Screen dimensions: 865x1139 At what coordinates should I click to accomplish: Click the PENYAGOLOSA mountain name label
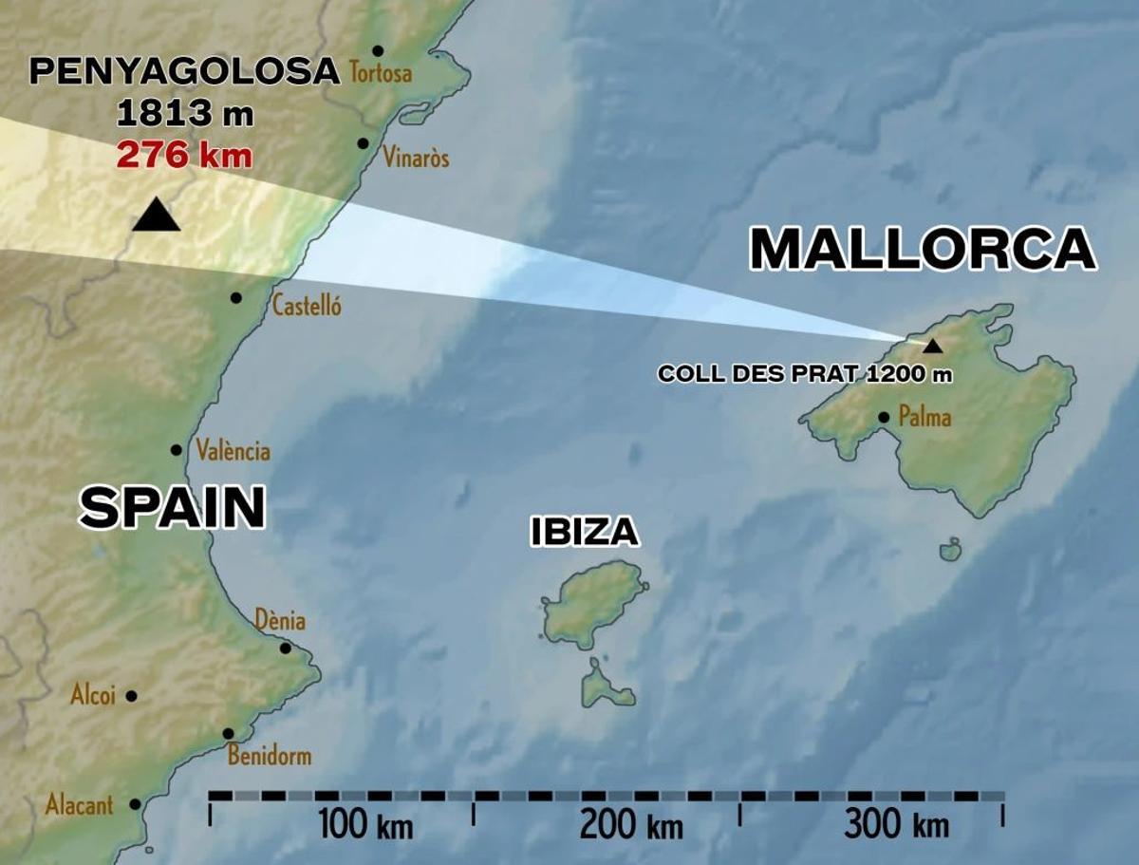tap(185, 71)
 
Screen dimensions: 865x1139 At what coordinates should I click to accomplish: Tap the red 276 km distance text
tap(185, 154)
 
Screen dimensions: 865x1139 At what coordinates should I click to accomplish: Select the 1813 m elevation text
tap(185, 114)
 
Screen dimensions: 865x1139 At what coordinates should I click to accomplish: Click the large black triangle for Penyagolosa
tap(157, 217)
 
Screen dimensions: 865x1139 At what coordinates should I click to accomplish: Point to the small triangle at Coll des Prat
tap(933, 347)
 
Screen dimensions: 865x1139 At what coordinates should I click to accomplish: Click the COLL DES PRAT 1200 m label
tap(805, 374)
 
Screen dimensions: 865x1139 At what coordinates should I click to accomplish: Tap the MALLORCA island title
tap(923, 250)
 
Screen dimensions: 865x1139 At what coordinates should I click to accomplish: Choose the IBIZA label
tap(584, 533)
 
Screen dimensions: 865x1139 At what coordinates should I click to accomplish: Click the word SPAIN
tap(172, 507)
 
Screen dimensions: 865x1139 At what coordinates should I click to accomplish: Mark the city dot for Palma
tap(884, 417)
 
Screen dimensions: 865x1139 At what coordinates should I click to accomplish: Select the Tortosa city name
tap(381, 72)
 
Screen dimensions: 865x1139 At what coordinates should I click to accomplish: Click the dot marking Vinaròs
tap(363, 143)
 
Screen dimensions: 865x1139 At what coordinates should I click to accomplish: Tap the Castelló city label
tap(306, 306)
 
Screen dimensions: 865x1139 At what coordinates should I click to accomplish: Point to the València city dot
tap(177, 450)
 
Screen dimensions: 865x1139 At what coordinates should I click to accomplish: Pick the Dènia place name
tap(280, 621)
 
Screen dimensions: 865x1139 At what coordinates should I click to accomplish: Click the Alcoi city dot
tap(131, 696)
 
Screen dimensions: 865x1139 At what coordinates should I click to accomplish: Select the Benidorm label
tap(270, 757)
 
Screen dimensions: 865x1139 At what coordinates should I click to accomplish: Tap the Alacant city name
tap(79, 806)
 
